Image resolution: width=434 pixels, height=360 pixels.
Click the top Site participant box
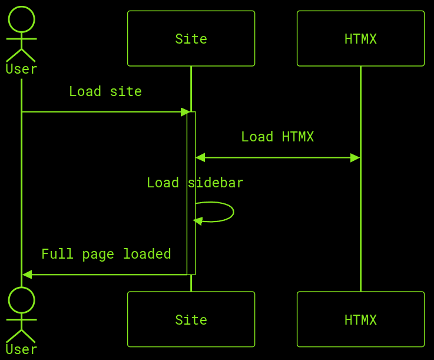point(191,38)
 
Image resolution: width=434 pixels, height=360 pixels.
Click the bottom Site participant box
point(191,319)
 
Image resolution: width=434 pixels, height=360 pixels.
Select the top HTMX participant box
point(360,38)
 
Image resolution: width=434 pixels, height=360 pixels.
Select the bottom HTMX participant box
point(360,319)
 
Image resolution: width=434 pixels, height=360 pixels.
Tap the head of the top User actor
point(21,19)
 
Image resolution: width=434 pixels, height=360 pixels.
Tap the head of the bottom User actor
point(21,300)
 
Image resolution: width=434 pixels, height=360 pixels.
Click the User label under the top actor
point(21,69)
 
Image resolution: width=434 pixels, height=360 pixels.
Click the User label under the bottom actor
point(21,349)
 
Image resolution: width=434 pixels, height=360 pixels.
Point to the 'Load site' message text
point(105,91)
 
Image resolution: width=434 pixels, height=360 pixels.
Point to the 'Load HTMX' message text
point(277,137)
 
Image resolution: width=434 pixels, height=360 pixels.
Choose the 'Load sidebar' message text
point(195,183)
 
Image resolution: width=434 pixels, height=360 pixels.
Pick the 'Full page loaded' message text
point(106,254)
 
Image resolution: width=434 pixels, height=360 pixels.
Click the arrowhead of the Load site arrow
point(185,112)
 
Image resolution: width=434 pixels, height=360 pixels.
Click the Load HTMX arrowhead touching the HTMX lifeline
point(355,158)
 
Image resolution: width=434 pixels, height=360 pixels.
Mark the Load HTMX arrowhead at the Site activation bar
point(200,158)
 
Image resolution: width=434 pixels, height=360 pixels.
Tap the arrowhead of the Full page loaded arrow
point(27,275)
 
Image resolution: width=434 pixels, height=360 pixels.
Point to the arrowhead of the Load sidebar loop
point(198,221)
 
